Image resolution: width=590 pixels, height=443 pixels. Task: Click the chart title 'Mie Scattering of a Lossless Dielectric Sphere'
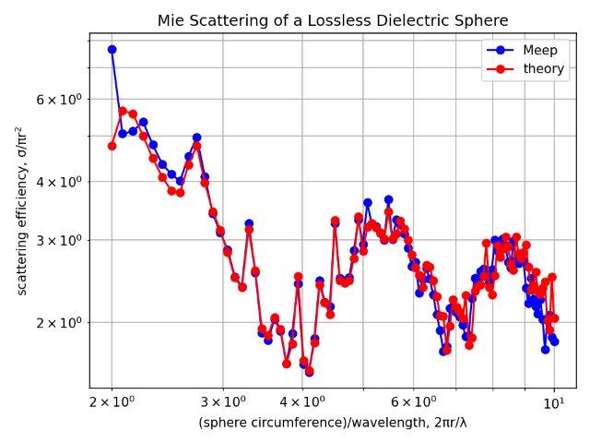pos(332,20)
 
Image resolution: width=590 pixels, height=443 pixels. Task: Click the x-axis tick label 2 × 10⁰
pos(112,403)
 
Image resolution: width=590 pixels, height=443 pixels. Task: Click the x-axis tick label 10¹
pos(553,403)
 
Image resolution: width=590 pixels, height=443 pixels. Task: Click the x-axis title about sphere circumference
pos(332,423)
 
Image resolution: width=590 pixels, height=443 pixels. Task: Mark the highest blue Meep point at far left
pos(112,50)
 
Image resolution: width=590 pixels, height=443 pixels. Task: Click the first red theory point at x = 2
pos(112,146)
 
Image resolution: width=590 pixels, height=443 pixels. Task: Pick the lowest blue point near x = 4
pos(309,373)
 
